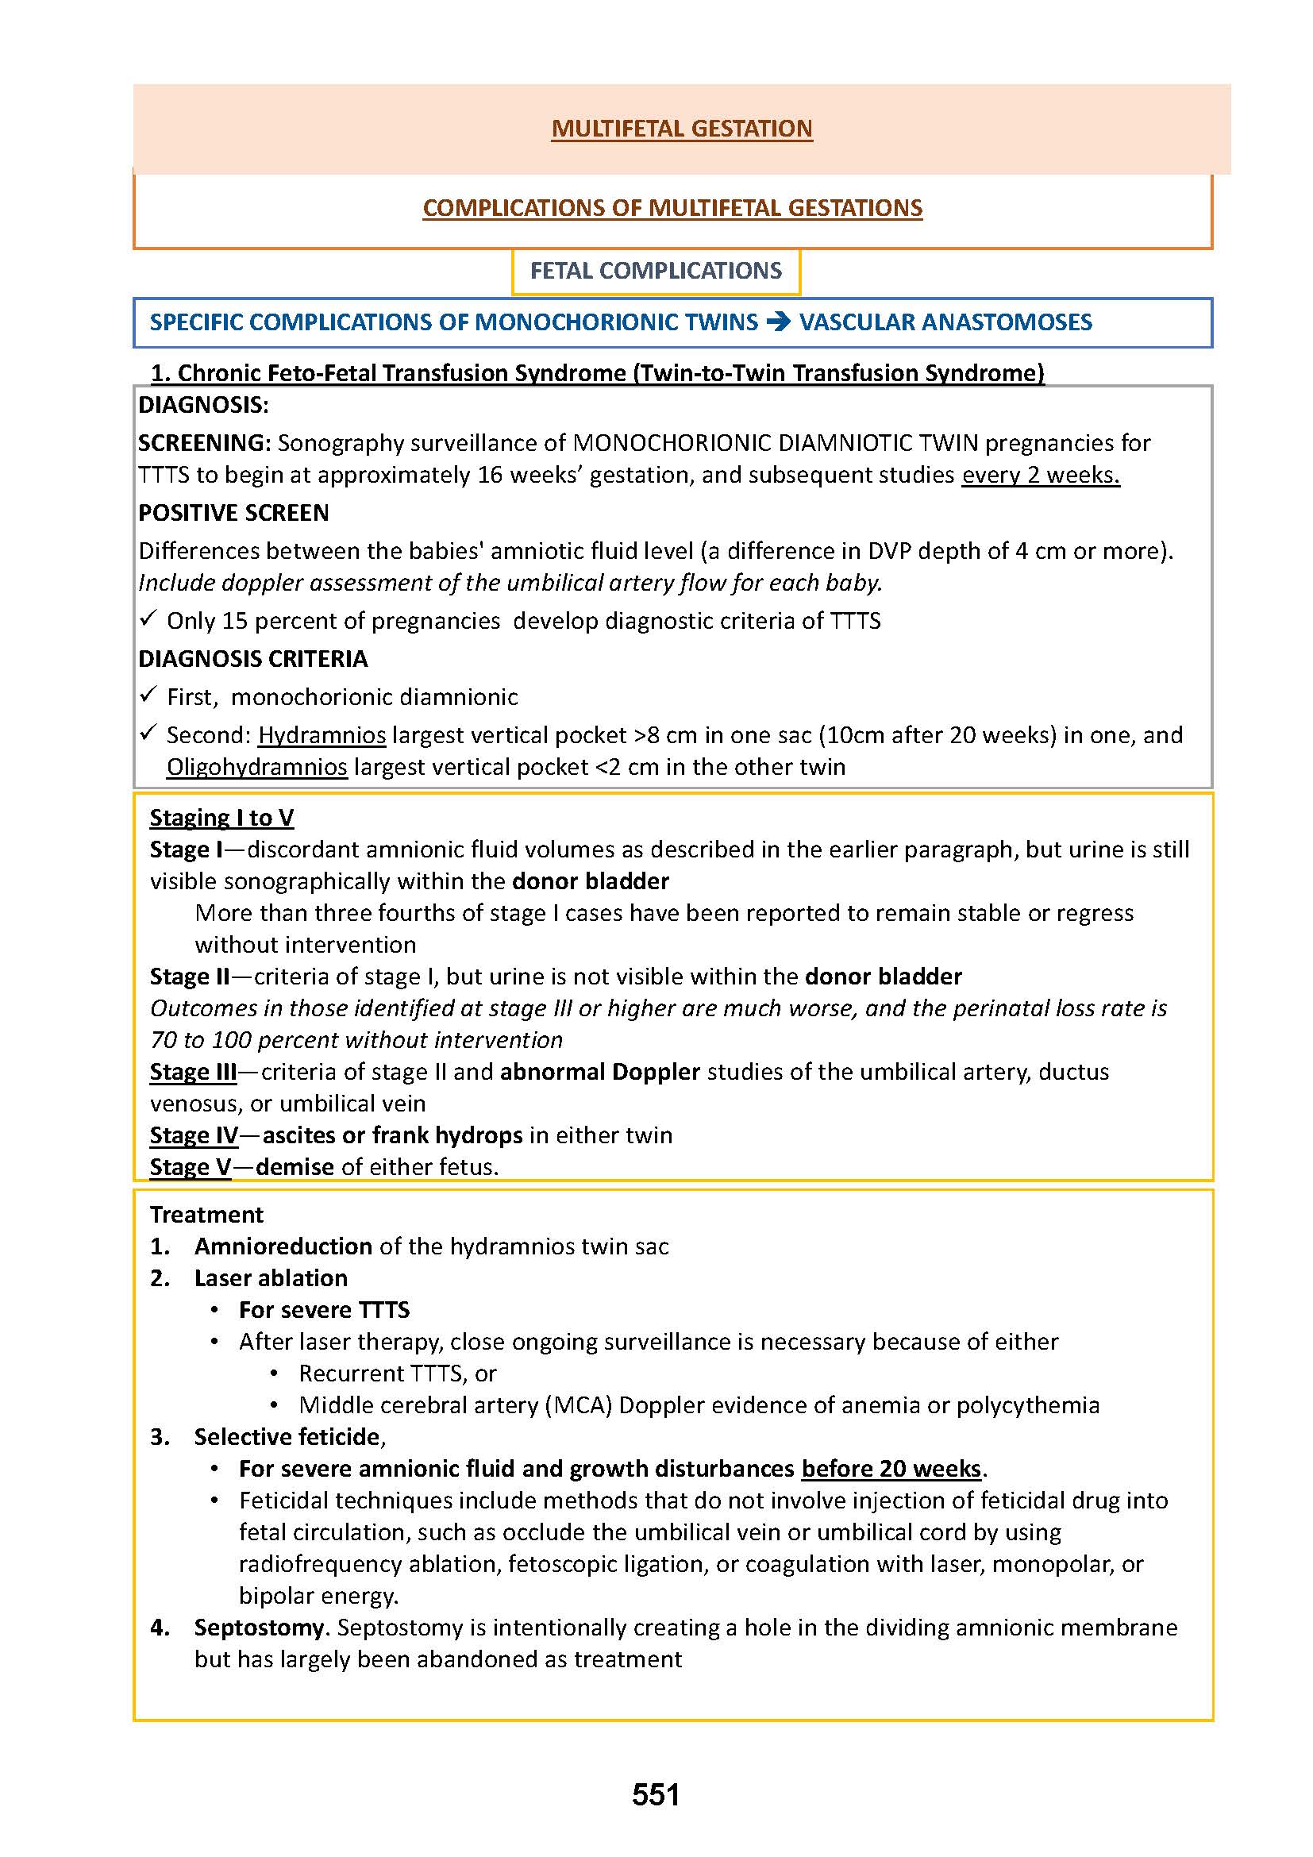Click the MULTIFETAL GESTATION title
pyautogui.click(x=682, y=129)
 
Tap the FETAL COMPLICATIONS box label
pyautogui.click(x=656, y=271)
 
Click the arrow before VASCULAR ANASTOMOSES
pyautogui.click(x=778, y=322)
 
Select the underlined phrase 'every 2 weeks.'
pyautogui.click(x=1040, y=475)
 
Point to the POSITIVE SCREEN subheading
pyautogui.click(x=233, y=513)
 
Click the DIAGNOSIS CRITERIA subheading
pyautogui.click(x=253, y=659)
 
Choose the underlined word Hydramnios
pyautogui.click(x=322, y=735)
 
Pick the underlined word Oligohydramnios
pyautogui.click(x=257, y=767)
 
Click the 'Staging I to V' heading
pyautogui.click(x=221, y=818)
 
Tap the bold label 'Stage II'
pyautogui.click(x=190, y=977)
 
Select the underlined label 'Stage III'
pyautogui.click(x=193, y=1072)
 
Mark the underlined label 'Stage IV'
pyautogui.click(x=194, y=1135)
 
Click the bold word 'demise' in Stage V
pyautogui.click(x=295, y=1167)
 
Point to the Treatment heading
pyautogui.click(x=207, y=1215)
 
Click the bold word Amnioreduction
pyautogui.click(x=283, y=1246)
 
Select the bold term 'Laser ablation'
pyautogui.click(x=271, y=1278)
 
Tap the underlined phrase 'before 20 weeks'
pyautogui.click(x=891, y=1469)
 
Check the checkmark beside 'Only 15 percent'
pyautogui.click(x=147, y=619)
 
